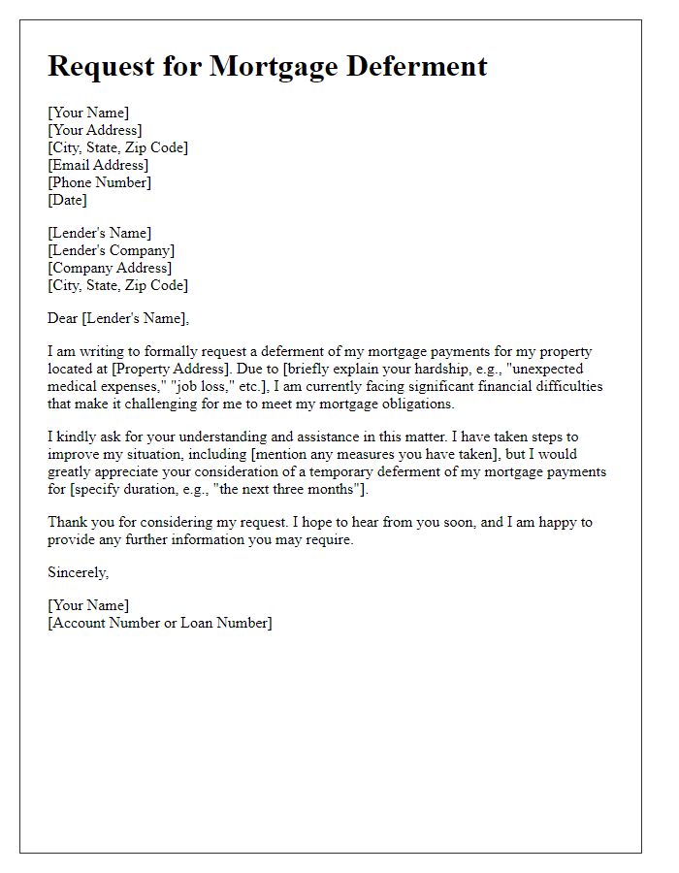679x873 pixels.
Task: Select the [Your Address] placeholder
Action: click(94, 130)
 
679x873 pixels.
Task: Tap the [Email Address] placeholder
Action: click(98, 165)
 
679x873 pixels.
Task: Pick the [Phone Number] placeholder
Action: click(99, 182)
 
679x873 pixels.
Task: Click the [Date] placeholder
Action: click(67, 200)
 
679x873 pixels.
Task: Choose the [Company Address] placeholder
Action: click(110, 268)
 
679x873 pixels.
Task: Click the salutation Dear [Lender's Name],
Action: click(118, 318)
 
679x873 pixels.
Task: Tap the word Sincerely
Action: click(78, 572)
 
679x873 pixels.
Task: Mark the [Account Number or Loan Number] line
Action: click(160, 623)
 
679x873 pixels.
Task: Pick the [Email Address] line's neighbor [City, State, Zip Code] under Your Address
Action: click(117, 147)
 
